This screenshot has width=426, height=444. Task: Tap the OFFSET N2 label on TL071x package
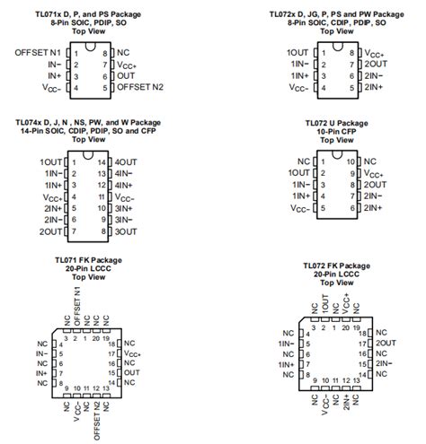pyautogui.click(x=140, y=88)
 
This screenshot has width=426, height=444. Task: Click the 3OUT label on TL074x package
pyautogui.click(x=126, y=231)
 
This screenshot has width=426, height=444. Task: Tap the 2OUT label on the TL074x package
pyautogui.click(x=50, y=231)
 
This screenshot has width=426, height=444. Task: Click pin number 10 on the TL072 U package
pyautogui.click(x=351, y=161)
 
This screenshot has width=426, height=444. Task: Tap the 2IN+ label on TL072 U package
pyautogui.click(x=376, y=207)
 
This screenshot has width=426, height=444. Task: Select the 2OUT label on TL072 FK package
pyautogui.click(x=386, y=344)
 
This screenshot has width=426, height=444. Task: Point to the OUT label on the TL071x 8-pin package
pyautogui.click(x=125, y=76)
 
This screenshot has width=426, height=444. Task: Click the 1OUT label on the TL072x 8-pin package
pyautogui.click(x=300, y=53)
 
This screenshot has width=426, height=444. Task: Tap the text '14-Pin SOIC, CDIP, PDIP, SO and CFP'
pyautogui.click(x=87, y=130)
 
